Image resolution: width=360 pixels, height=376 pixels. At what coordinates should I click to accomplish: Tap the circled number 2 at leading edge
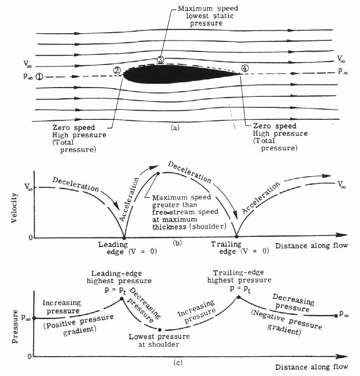(x=117, y=70)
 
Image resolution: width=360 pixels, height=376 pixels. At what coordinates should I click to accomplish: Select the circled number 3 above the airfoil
(x=160, y=60)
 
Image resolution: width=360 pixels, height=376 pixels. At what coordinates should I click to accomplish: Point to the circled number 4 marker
(x=245, y=68)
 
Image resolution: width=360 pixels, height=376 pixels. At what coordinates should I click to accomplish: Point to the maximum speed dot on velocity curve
(x=158, y=173)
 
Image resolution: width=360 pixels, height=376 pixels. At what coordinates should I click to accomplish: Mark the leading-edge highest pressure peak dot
(x=122, y=298)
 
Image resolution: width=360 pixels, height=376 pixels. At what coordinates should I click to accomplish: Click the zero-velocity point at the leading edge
(x=124, y=237)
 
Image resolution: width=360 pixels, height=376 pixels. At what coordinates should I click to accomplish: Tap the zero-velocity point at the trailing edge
(x=236, y=236)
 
